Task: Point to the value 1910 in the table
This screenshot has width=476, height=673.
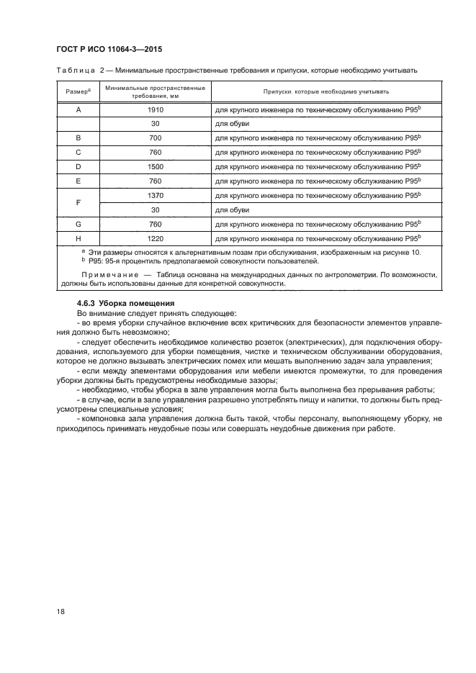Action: pos(155,109)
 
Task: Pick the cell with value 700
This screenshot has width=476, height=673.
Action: pos(155,137)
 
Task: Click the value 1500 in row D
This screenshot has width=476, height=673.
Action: pos(155,166)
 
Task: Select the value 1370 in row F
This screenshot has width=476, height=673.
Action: pos(155,195)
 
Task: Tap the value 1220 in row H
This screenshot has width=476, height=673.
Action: pos(155,238)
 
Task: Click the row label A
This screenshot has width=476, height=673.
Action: pos(77,109)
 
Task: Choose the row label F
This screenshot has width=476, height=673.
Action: pos(77,202)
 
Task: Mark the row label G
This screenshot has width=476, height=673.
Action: pos(77,224)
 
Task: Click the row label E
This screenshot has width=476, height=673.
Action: pos(77,181)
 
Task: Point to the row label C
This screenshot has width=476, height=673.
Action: pos(77,152)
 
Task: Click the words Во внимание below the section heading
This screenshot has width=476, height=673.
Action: pos(96,314)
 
